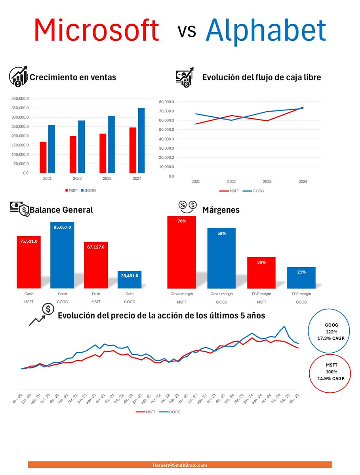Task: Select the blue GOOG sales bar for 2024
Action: pyautogui.click(x=141, y=140)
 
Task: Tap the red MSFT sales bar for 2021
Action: pyautogui.click(x=43, y=157)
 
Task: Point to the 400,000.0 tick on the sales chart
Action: pyautogui.click(x=20, y=99)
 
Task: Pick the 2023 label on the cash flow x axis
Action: pyautogui.click(x=267, y=181)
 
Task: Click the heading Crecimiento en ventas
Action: pyautogui.click(x=73, y=77)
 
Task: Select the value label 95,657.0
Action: pyautogui.click(x=62, y=227)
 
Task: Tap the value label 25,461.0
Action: pyautogui.click(x=130, y=275)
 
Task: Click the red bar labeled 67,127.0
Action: pyautogui.click(x=96, y=265)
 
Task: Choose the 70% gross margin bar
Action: pyautogui.click(x=181, y=252)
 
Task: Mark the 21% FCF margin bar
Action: pyautogui.click(x=301, y=277)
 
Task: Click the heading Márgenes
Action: pyautogui.click(x=221, y=210)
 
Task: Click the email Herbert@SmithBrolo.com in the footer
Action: pyautogui.click(x=180, y=465)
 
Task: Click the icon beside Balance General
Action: pyautogui.click(x=19, y=209)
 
